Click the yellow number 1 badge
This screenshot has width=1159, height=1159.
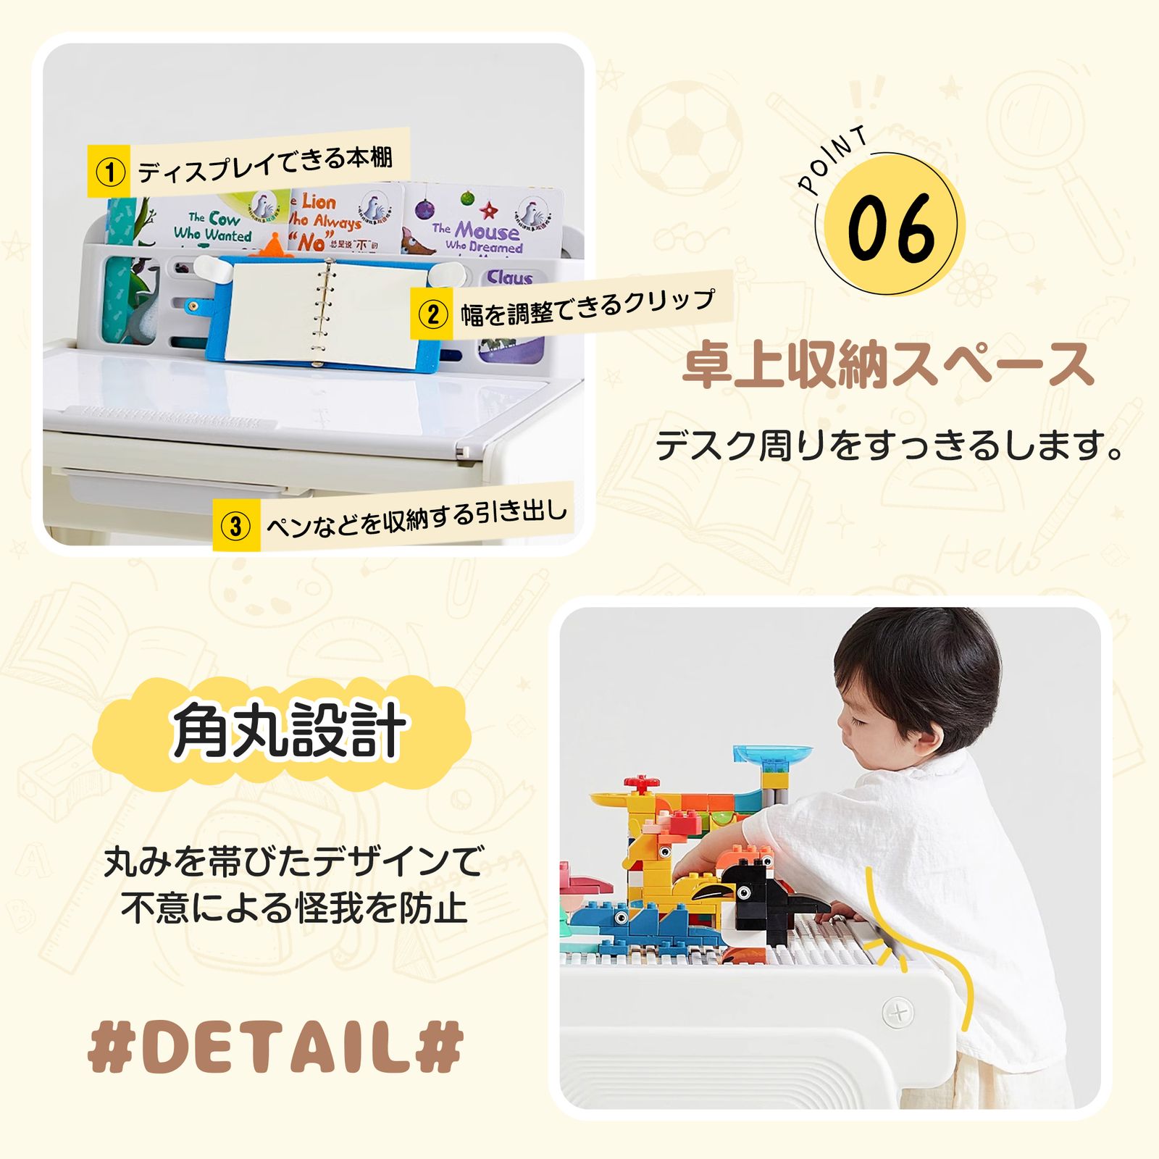point(109,172)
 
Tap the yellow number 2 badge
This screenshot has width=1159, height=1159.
point(432,314)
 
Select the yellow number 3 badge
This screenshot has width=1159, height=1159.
point(235,525)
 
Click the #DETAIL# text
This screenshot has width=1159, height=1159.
point(275,1047)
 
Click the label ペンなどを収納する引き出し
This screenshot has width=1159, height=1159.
point(417,517)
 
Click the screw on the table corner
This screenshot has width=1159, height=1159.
point(898,1011)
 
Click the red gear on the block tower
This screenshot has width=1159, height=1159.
point(642,783)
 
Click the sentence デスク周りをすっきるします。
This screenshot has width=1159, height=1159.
point(890,445)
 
